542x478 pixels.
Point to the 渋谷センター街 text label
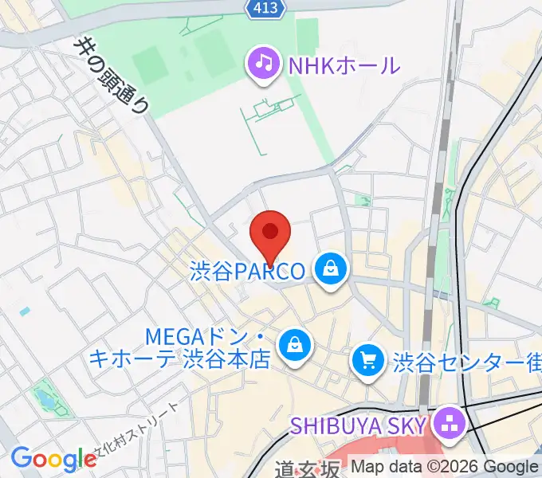tap(466, 363)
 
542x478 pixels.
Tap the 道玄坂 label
tap(307, 468)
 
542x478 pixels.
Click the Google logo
tap(53, 460)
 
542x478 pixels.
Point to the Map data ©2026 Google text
tap(445, 467)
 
